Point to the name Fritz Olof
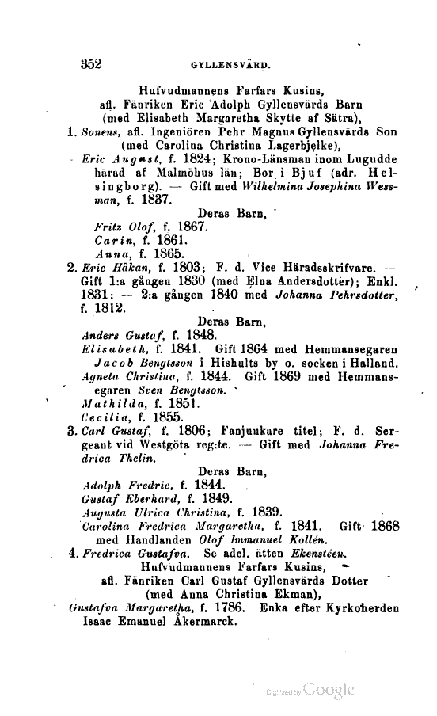click(119, 227)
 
